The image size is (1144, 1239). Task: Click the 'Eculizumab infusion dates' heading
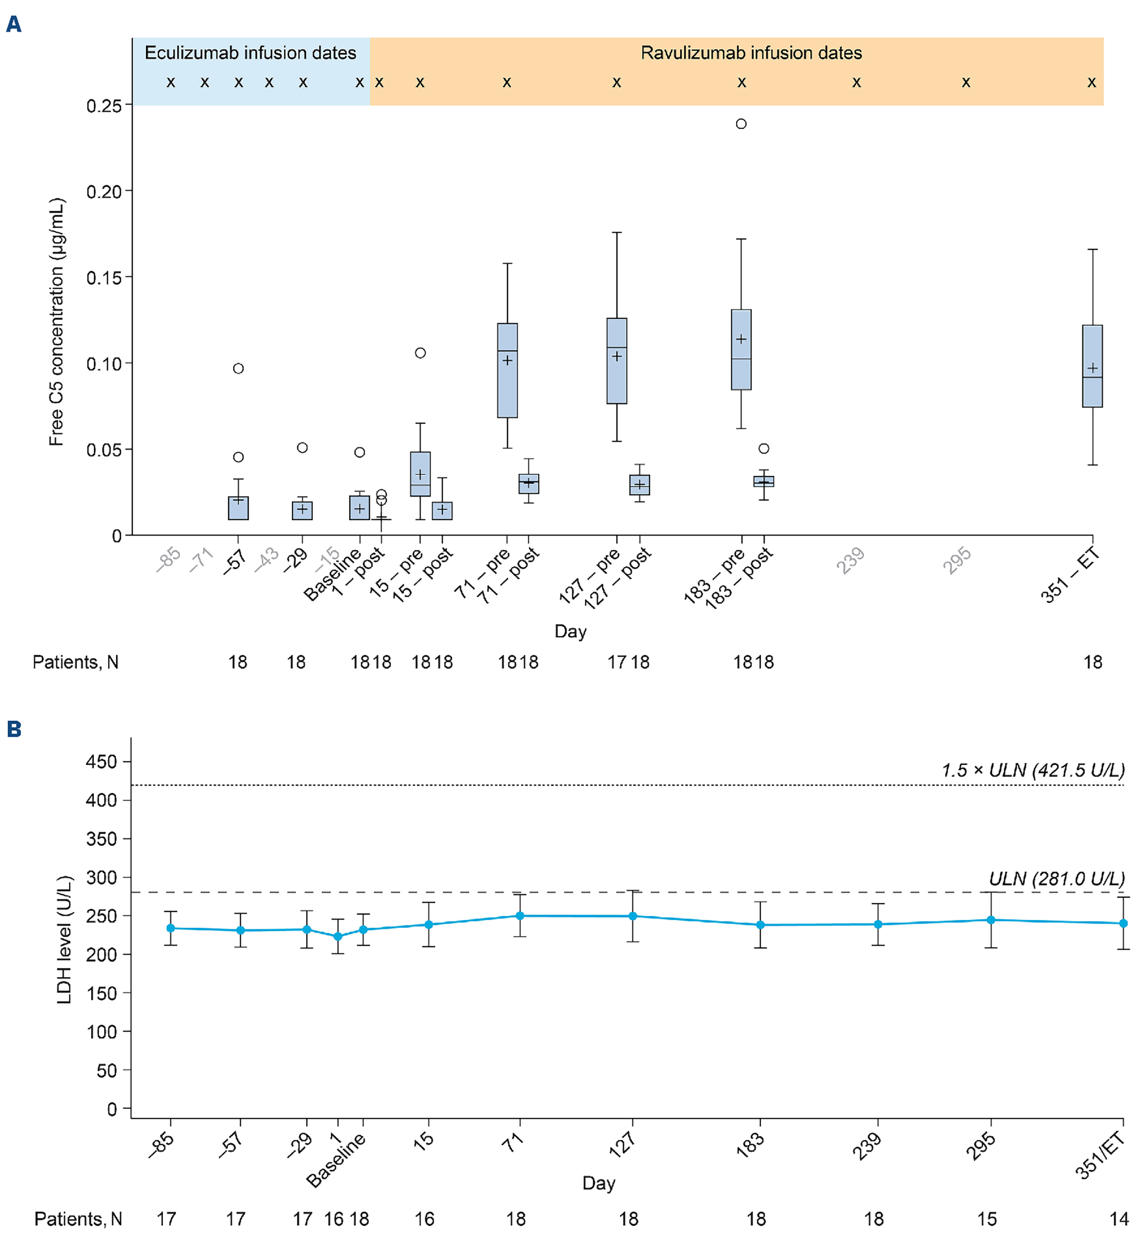pos(250,53)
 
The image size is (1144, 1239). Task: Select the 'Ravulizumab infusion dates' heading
pos(751,53)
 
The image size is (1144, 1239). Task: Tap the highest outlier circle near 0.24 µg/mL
pos(741,124)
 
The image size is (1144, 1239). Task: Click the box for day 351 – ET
pos(1092,366)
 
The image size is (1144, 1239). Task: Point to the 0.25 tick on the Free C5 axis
pos(104,106)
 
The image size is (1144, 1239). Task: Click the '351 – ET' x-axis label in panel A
pos(1070,575)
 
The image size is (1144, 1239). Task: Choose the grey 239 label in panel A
pos(851,561)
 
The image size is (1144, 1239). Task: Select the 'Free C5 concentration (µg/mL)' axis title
pos(56,321)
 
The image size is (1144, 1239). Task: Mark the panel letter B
pos(13,729)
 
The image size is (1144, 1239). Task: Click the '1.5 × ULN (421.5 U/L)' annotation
pos(1033,770)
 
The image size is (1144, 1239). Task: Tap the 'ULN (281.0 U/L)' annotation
pos(1056,878)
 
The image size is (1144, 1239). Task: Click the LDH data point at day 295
pos(990,920)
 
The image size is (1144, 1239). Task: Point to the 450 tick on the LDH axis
pos(102,761)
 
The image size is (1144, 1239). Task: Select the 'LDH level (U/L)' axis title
pos(64,940)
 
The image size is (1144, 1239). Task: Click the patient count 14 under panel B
pos(1118,1218)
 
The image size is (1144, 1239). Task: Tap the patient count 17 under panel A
pos(617,663)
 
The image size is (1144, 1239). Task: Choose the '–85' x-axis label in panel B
pos(161,1145)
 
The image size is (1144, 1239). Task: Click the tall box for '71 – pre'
pos(507,370)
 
